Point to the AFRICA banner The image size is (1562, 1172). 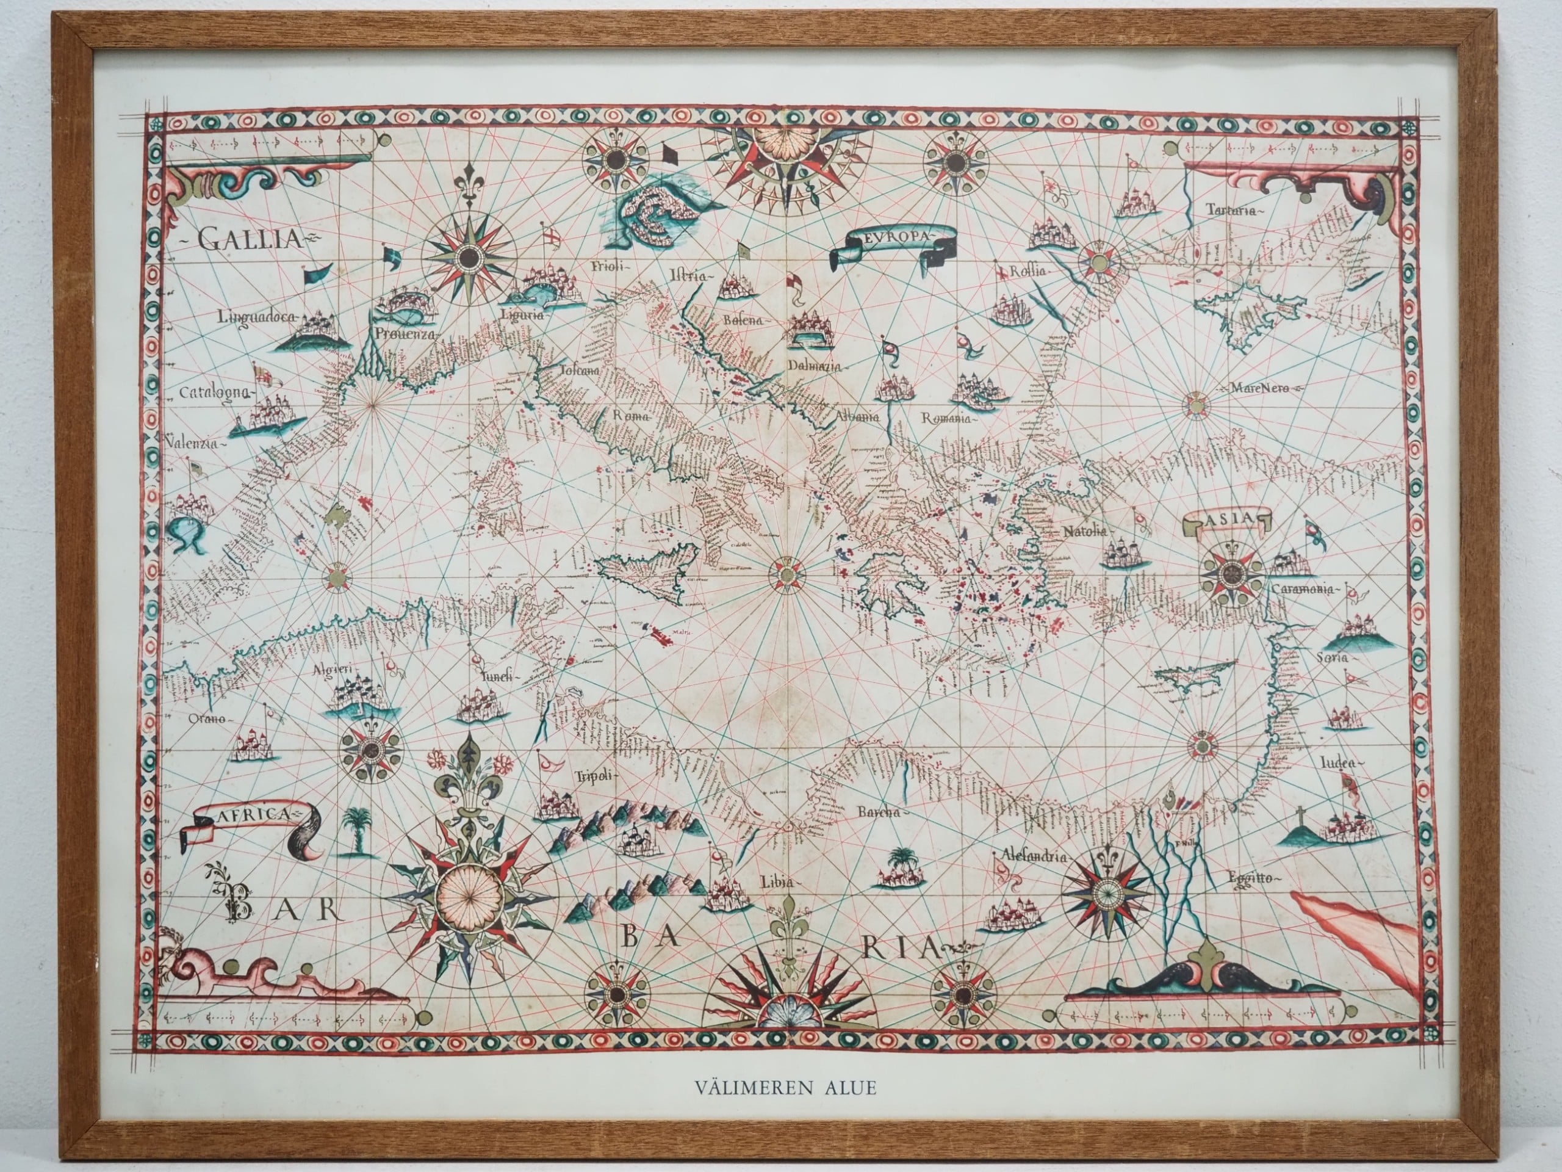click(x=251, y=814)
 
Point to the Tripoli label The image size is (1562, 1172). click(x=593, y=774)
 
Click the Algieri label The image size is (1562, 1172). click(x=332, y=670)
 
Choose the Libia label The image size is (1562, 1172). click(x=777, y=882)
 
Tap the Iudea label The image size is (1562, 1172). click(x=1339, y=764)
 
